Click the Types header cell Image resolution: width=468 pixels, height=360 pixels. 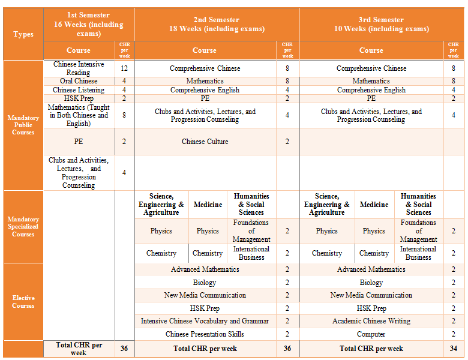[x=23, y=34]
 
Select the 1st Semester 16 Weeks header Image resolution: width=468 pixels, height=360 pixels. [x=88, y=25]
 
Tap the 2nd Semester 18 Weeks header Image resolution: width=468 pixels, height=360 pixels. [x=217, y=25]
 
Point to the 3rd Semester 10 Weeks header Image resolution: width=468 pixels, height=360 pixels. [x=381, y=25]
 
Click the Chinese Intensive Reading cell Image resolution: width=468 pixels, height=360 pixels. [x=79, y=68]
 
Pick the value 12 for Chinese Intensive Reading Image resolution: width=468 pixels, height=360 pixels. [x=124, y=68]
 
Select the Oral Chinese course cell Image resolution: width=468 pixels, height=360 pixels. [x=79, y=81]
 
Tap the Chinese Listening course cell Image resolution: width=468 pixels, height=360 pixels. [x=79, y=90]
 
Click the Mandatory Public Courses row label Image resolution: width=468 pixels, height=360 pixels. [x=23, y=125]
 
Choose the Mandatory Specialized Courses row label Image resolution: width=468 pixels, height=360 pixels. [x=23, y=227]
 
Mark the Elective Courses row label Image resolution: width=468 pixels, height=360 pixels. [x=23, y=302]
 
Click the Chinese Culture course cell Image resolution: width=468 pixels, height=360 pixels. [x=205, y=142]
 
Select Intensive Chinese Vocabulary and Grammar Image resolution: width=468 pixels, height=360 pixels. [x=205, y=321]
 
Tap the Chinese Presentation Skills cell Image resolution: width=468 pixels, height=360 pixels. [x=205, y=334]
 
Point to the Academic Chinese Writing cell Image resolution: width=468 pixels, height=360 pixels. [x=371, y=321]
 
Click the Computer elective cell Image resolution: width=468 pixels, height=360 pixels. [x=371, y=334]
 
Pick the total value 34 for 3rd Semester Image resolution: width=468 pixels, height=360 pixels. [x=454, y=349]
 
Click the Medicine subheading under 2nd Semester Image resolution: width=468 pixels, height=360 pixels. [x=208, y=205]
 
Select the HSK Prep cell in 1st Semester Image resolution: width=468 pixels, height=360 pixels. [x=79, y=98]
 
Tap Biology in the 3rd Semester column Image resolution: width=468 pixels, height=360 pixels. [x=371, y=283]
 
